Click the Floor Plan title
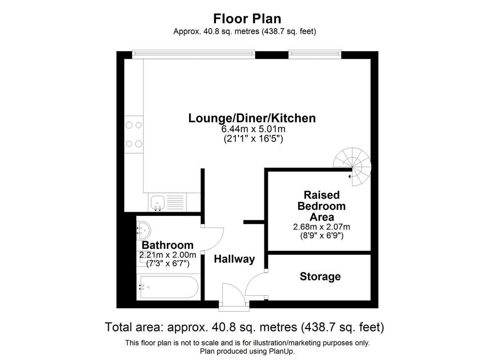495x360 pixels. [247, 18]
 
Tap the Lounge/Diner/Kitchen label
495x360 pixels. [252, 118]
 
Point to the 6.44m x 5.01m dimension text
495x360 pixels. [252, 130]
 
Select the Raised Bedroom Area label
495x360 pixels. [321, 206]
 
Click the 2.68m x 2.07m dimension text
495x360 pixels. [321, 227]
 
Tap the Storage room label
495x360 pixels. [320, 276]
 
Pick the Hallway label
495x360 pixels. [234, 259]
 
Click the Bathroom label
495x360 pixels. [167, 245]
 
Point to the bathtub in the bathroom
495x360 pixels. [167, 287]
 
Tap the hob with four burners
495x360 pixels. [134, 134]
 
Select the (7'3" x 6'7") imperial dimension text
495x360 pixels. [167, 264]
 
